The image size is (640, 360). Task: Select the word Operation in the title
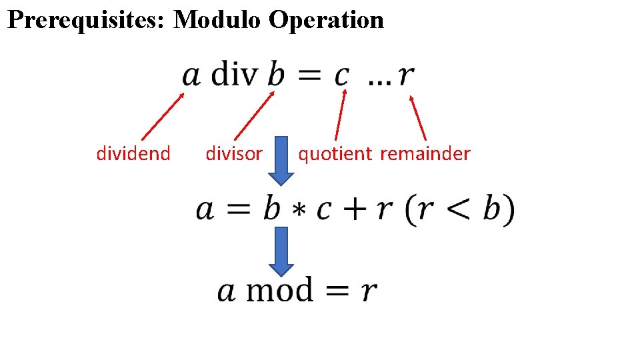326,20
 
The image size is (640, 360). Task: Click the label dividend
133,154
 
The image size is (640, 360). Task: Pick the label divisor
234,154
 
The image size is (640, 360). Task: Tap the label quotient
335,154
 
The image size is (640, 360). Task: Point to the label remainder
425,154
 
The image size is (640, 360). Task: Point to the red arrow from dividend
163,116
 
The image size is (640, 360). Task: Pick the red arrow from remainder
418,117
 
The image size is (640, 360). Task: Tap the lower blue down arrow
281,251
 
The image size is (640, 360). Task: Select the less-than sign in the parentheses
457,211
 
